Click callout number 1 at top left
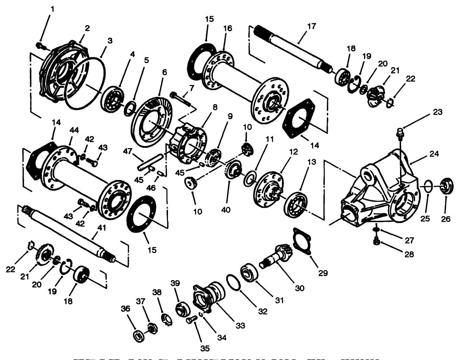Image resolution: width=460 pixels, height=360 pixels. (x=52, y=9)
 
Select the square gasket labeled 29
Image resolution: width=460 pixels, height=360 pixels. (x=302, y=241)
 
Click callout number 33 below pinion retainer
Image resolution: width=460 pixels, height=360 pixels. (x=241, y=325)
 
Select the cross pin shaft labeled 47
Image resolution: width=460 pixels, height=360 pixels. (x=149, y=163)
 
